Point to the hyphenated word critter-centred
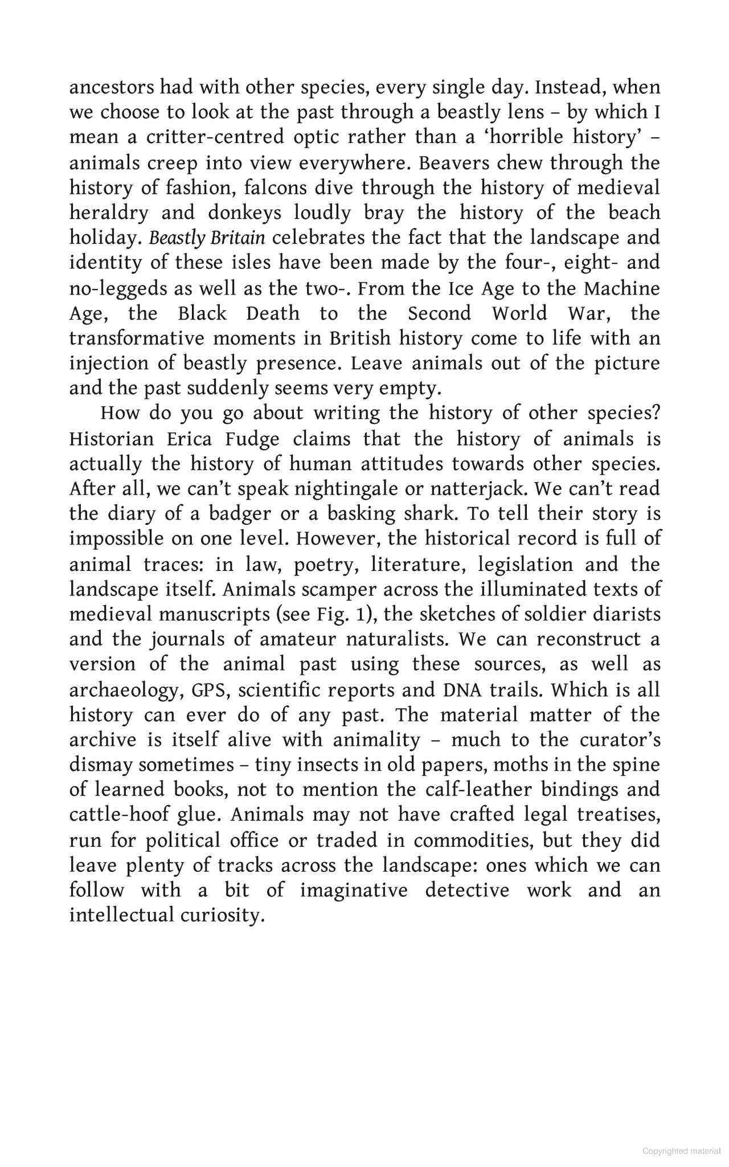pyautogui.click(x=215, y=138)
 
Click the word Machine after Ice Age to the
pyautogui.click(x=621, y=288)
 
